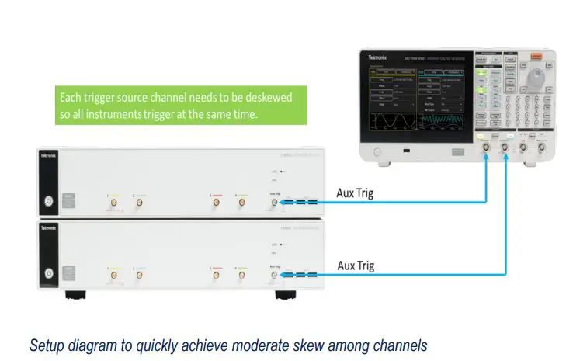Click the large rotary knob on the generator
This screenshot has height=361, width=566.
pos(536,79)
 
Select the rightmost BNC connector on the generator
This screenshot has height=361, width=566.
pos(541,147)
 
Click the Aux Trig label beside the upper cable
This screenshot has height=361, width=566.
pos(356,193)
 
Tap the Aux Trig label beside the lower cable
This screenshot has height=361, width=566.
pos(356,266)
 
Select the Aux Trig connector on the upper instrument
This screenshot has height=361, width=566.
pos(274,203)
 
